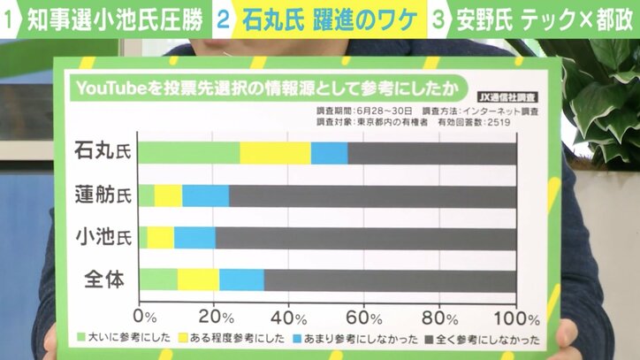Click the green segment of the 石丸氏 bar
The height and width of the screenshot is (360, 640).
click(188, 152)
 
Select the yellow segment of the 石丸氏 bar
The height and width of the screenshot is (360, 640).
click(275, 152)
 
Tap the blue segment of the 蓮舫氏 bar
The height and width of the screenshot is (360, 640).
click(205, 195)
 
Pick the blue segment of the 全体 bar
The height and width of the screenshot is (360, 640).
click(241, 280)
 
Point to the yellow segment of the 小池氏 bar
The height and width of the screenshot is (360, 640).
click(161, 237)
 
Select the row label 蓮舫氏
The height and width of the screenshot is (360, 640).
click(103, 195)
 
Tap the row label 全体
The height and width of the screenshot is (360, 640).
click(103, 280)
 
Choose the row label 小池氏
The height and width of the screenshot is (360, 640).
click(103, 237)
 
